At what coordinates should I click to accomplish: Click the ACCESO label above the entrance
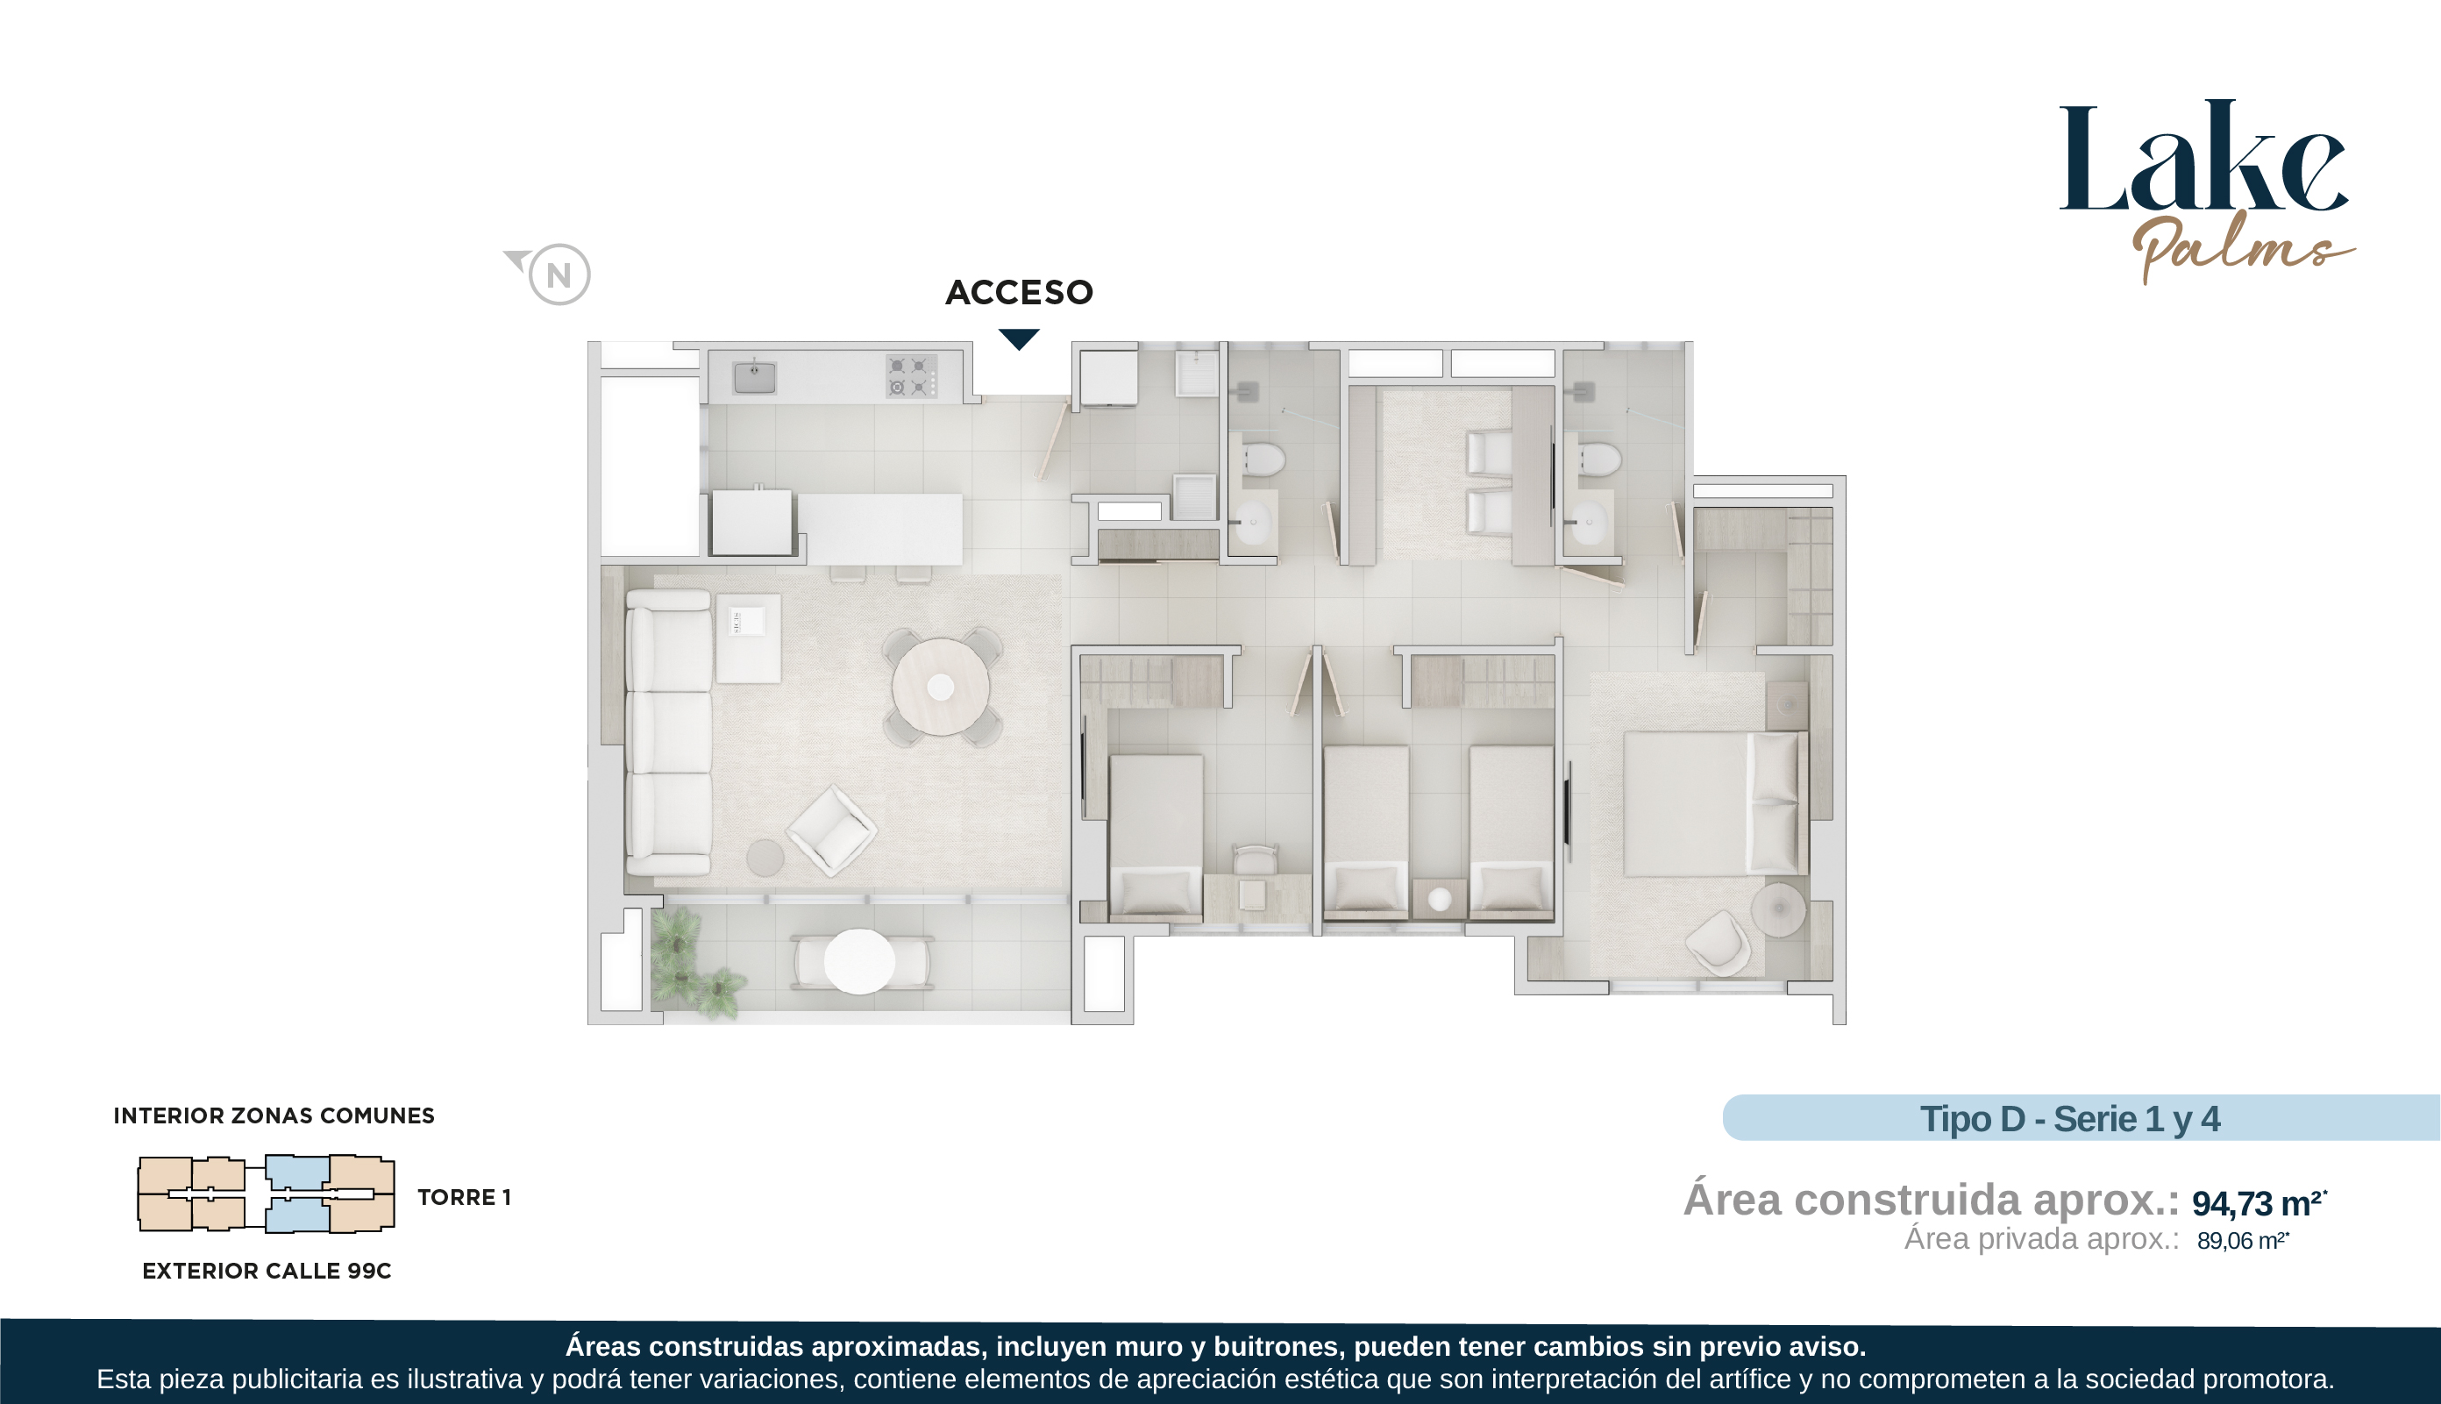point(1019,292)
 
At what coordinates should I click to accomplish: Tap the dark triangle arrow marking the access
point(1019,339)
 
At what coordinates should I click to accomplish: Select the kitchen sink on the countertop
point(755,377)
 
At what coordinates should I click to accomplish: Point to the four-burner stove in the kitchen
point(911,376)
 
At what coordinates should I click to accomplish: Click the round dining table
point(940,688)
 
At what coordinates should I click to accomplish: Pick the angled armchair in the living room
point(831,830)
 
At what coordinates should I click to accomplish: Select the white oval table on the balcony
point(859,960)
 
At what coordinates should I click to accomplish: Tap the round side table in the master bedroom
point(1779,909)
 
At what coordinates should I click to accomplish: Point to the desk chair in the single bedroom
point(1256,860)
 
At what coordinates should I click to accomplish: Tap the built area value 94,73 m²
point(2259,1202)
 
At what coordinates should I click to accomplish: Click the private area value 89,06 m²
point(2242,1240)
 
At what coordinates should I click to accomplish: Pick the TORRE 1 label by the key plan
point(464,1197)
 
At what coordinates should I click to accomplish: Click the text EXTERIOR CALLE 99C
point(267,1271)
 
